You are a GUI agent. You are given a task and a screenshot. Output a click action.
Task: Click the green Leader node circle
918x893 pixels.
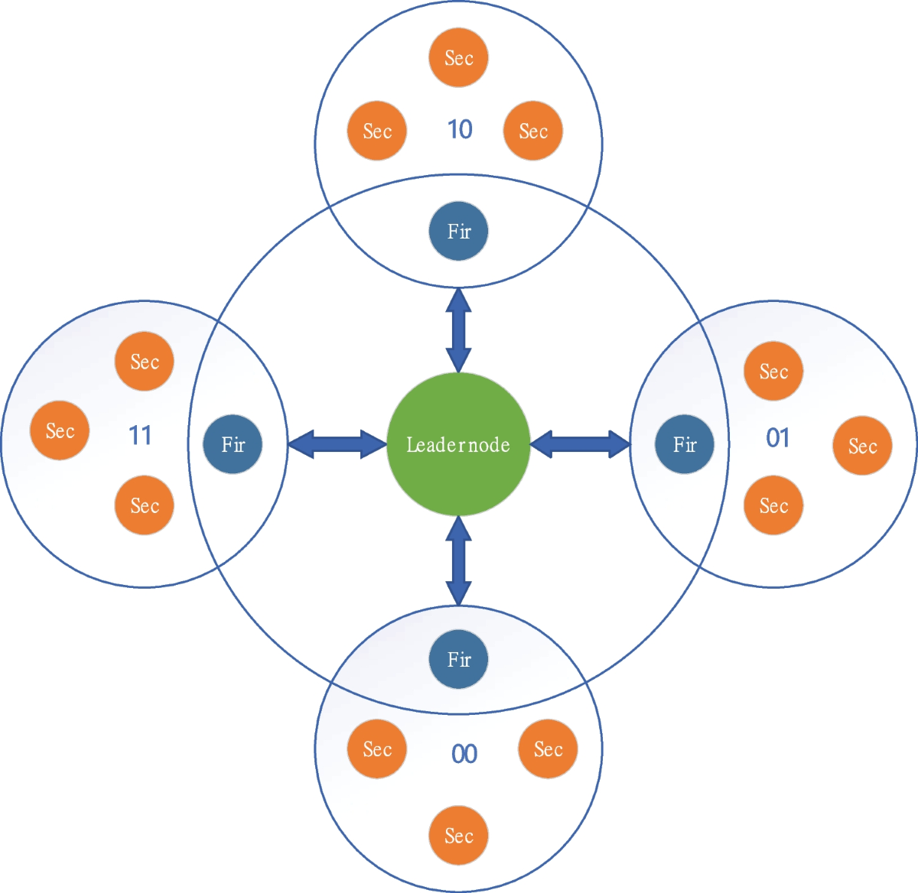click(458, 444)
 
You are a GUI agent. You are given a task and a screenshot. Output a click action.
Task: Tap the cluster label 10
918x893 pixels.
click(460, 129)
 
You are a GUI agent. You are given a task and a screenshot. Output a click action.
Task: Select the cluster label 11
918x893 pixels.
click(140, 436)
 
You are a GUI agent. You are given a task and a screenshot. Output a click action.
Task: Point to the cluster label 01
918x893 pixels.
click(778, 437)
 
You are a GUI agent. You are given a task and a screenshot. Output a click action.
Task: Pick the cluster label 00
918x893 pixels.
click(464, 754)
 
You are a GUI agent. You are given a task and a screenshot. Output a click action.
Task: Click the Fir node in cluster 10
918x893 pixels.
click(458, 231)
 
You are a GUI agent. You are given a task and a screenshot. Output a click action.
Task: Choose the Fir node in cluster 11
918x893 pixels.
click(233, 444)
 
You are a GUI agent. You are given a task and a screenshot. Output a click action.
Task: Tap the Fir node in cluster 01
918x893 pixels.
click(685, 444)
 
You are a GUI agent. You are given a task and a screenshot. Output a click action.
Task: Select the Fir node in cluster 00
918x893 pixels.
click(458, 659)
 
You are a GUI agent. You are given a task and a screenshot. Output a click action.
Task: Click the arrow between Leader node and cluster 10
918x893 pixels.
click(458, 330)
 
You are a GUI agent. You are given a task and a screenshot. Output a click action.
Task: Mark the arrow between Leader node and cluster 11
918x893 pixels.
click(337, 444)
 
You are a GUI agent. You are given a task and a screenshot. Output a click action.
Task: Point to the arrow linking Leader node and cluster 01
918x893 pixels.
click(580, 444)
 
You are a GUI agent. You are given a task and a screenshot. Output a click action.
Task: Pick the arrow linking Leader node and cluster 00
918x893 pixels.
click(458, 561)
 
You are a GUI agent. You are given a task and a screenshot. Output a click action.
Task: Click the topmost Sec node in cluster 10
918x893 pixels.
click(458, 58)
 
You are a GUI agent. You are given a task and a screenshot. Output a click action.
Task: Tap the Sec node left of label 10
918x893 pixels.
click(377, 131)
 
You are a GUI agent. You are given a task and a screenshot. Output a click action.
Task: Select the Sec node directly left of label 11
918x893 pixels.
click(60, 430)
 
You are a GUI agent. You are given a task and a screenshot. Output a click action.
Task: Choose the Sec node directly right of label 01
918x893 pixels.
click(862, 446)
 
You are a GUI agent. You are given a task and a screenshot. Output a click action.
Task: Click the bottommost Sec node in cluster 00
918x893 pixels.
click(458, 836)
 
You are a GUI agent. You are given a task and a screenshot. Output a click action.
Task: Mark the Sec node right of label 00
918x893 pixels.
click(548, 749)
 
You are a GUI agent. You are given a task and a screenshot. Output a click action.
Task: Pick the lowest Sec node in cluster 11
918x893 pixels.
click(145, 505)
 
